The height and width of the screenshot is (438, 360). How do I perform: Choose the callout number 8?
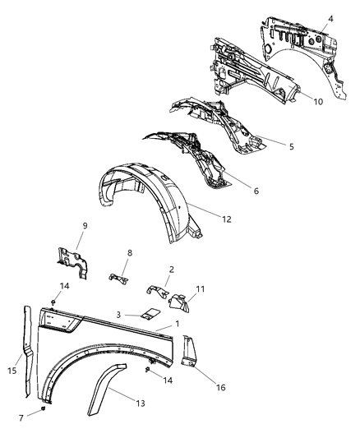click(x=129, y=255)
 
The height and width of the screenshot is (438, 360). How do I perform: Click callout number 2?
click(x=171, y=269)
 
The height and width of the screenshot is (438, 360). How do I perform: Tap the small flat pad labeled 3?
click(x=150, y=313)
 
